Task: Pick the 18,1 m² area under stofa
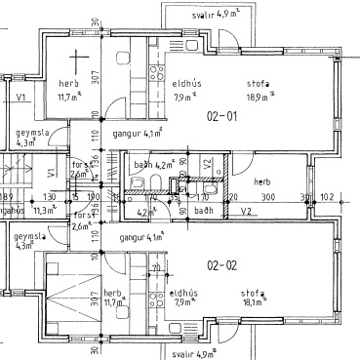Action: click(260, 301)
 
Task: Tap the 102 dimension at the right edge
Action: click(326, 197)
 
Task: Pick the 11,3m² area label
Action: click(45, 209)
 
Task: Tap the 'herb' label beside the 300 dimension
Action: click(261, 181)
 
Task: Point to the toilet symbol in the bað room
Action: click(139, 185)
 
